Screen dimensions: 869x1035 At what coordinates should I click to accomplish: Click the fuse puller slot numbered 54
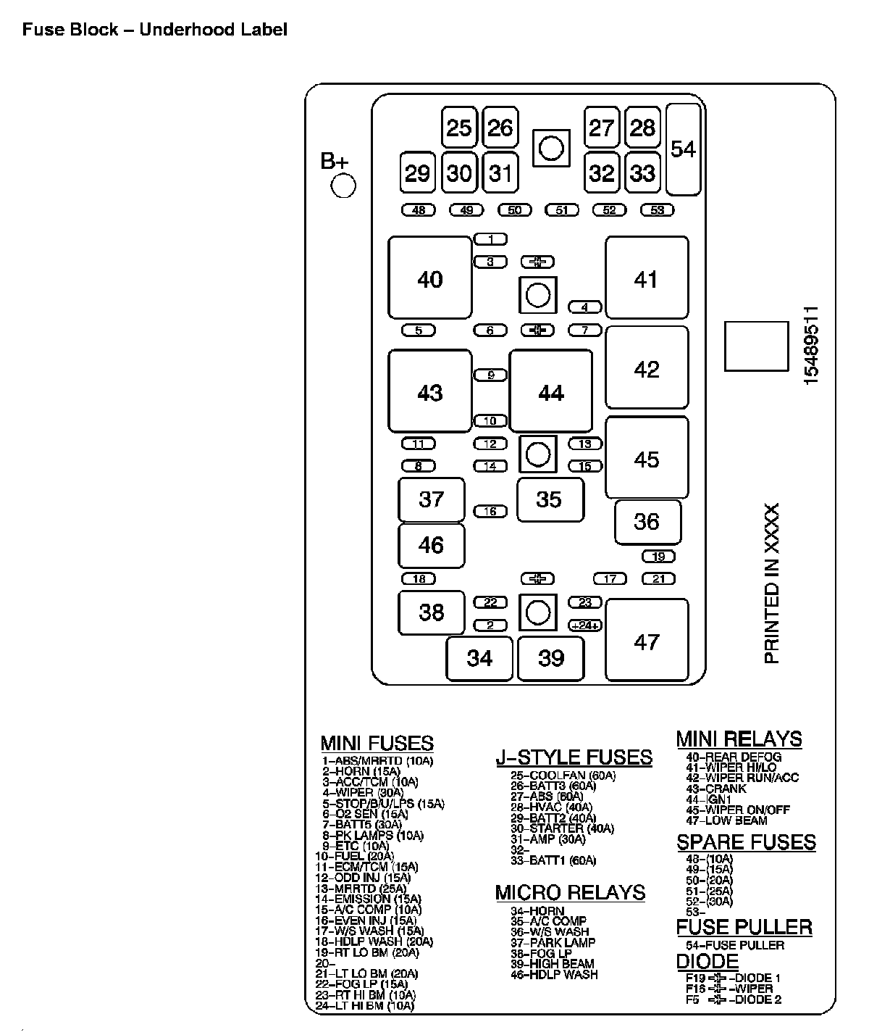coord(683,149)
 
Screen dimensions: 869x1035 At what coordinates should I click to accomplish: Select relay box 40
coord(430,278)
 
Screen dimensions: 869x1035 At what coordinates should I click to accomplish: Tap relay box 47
coord(647,641)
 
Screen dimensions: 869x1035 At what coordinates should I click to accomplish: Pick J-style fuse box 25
coord(459,128)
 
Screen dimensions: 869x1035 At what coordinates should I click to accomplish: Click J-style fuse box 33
coord(642,173)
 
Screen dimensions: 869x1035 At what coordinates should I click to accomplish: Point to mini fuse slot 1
coord(490,239)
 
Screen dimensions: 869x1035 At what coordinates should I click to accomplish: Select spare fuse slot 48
coord(419,210)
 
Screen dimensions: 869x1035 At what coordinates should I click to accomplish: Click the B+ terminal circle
coord(343,186)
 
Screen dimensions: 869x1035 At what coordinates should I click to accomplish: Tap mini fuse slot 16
coord(490,511)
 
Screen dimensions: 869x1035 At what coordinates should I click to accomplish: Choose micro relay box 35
coord(550,499)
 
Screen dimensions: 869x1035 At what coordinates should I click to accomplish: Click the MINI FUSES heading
coord(377,744)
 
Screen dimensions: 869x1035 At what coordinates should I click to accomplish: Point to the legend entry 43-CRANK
coord(715,789)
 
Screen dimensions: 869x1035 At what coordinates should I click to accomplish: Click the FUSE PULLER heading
coord(744,927)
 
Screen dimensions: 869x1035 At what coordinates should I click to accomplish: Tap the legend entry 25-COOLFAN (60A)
coord(563,776)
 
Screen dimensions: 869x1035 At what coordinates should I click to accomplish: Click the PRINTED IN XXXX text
coord(773,583)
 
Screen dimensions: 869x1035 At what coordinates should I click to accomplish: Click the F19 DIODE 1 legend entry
coord(733,978)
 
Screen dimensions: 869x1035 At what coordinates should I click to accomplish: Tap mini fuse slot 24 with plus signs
coord(585,625)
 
